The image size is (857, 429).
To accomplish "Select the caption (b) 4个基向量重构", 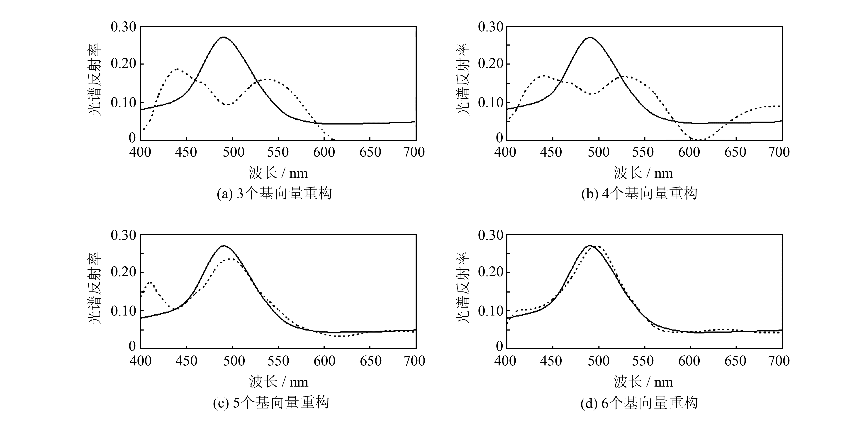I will pos(639,194).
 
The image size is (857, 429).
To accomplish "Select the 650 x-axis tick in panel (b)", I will pos(735,152).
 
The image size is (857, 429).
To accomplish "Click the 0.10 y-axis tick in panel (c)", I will pos(123,311).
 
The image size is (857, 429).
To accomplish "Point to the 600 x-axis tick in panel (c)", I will pos(324,361).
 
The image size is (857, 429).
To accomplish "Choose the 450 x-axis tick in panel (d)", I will pos(551,361).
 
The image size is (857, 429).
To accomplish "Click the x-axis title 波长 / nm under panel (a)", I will pos(278,173).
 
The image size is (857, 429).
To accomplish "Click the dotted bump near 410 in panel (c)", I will pos(150,283).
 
